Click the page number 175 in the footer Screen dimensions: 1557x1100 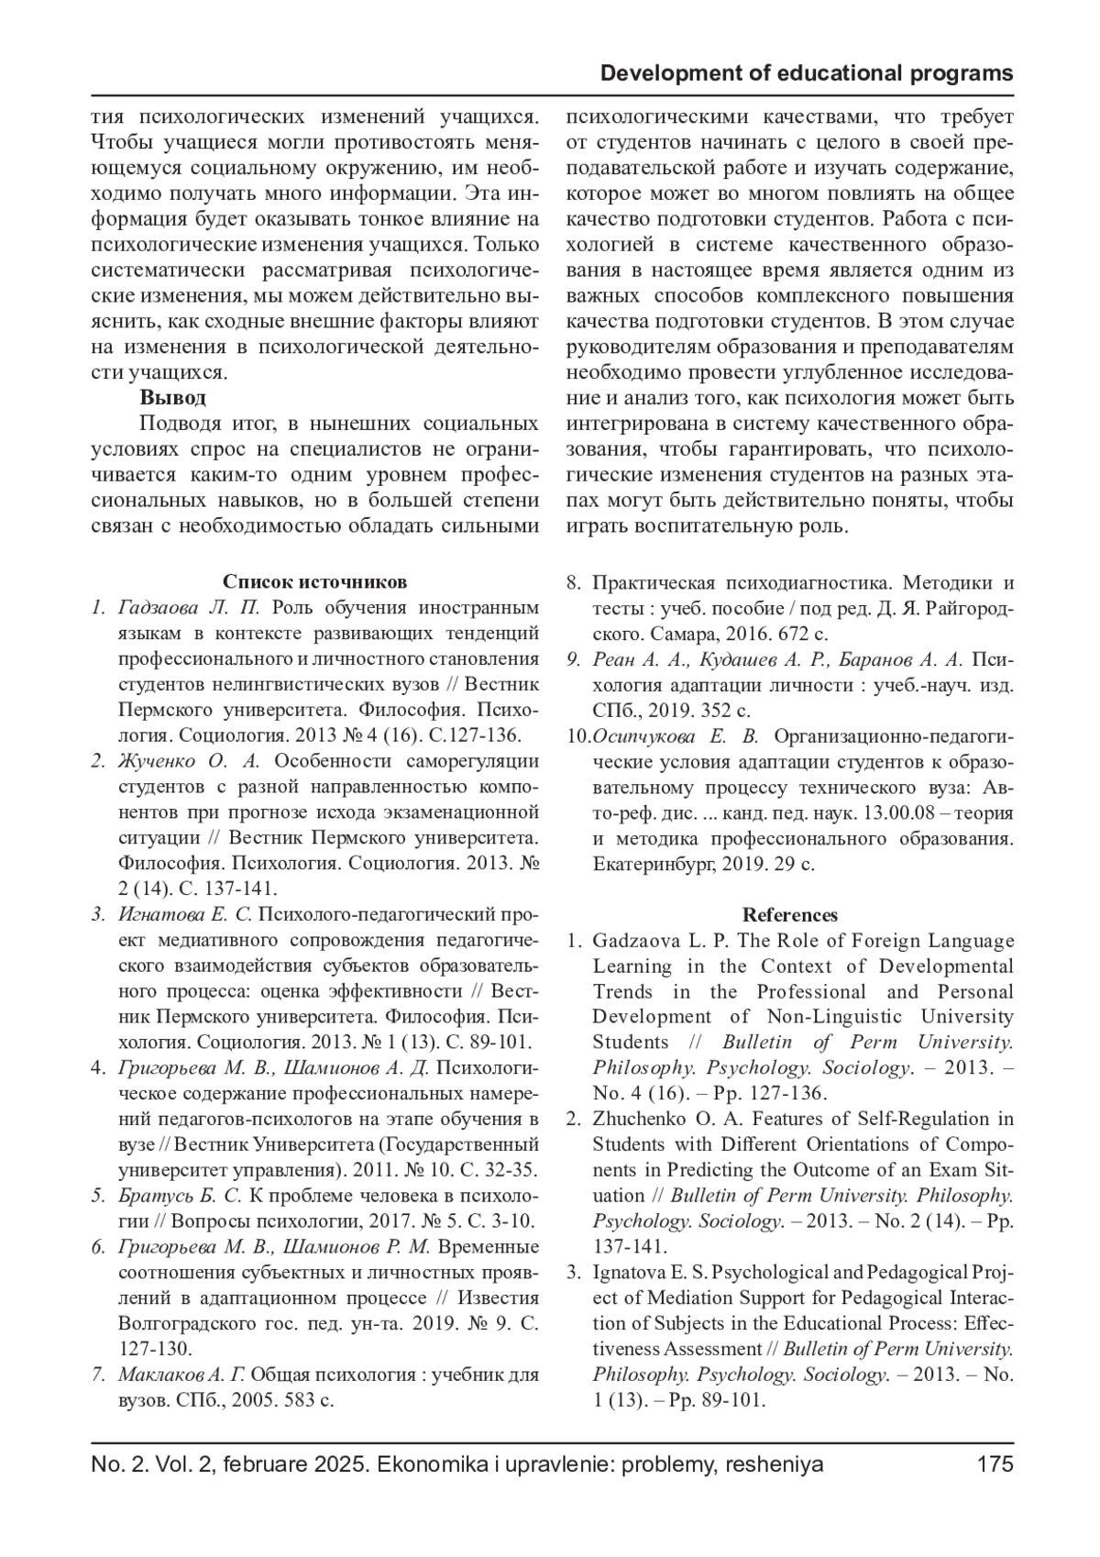pyautogui.click(x=995, y=1464)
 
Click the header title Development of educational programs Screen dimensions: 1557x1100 pyautogui.click(x=807, y=73)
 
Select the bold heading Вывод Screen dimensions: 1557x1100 pyautogui.click(x=172, y=398)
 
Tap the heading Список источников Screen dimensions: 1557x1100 pyautogui.click(x=314, y=582)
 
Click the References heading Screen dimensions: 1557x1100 pyautogui.click(x=789, y=915)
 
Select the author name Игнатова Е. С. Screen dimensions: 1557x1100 pyautogui.click(x=184, y=914)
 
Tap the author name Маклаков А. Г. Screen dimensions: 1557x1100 pyautogui.click(x=182, y=1375)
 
